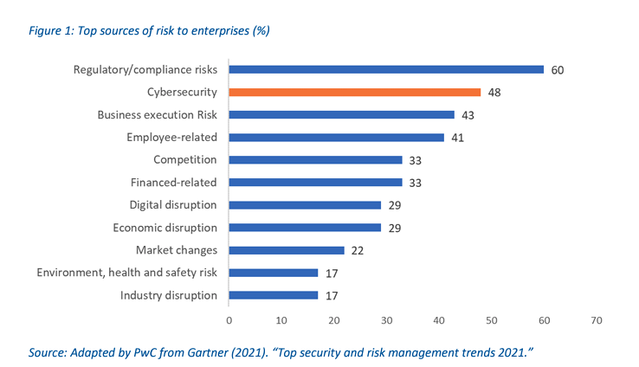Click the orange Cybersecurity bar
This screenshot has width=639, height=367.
(x=355, y=92)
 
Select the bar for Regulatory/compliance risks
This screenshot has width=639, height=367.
(x=386, y=69)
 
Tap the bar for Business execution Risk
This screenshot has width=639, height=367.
(x=342, y=114)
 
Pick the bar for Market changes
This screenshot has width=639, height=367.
(x=287, y=250)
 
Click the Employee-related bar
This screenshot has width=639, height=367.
(x=337, y=137)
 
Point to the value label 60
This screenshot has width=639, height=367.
(x=558, y=69)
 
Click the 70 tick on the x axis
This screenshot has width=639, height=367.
(x=597, y=320)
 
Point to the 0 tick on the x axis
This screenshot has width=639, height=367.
(x=229, y=320)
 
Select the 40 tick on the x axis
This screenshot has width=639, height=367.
(x=439, y=320)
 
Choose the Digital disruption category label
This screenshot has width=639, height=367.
(x=173, y=205)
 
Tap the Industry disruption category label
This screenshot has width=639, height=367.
(x=169, y=295)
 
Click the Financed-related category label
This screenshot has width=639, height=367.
(x=173, y=182)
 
